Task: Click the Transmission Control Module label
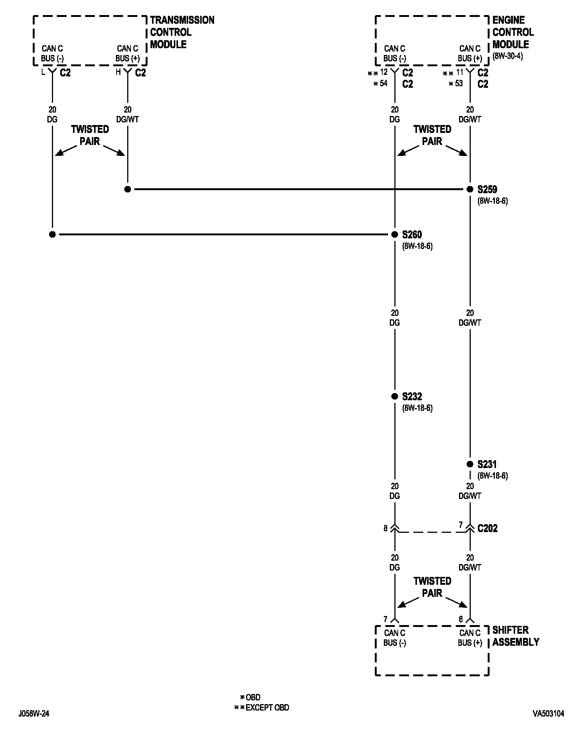tap(182, 32)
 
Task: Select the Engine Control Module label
tap(513, 32)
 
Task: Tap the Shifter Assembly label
tap(516, 636)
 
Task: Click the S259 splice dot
tap(470, 189)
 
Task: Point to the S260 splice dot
tap(394, 235)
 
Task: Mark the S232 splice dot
tap(394, 396)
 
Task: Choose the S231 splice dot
tap(470, 464)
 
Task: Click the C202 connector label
tap(487, 528)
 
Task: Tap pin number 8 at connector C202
tap(385, 529)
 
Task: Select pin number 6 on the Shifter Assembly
tap(461, 619)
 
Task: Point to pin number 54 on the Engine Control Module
tap(383, 84)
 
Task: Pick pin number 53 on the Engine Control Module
tap(458, 84)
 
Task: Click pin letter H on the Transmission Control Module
tap(118, 72)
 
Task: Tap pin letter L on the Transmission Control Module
tap(43, 72)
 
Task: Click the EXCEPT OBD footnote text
tap(267, 708)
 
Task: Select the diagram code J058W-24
tap(33, 714)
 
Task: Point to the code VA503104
tap(548, 714)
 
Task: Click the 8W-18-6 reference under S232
tap(417, 408)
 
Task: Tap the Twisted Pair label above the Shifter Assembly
tap(432, 587)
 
